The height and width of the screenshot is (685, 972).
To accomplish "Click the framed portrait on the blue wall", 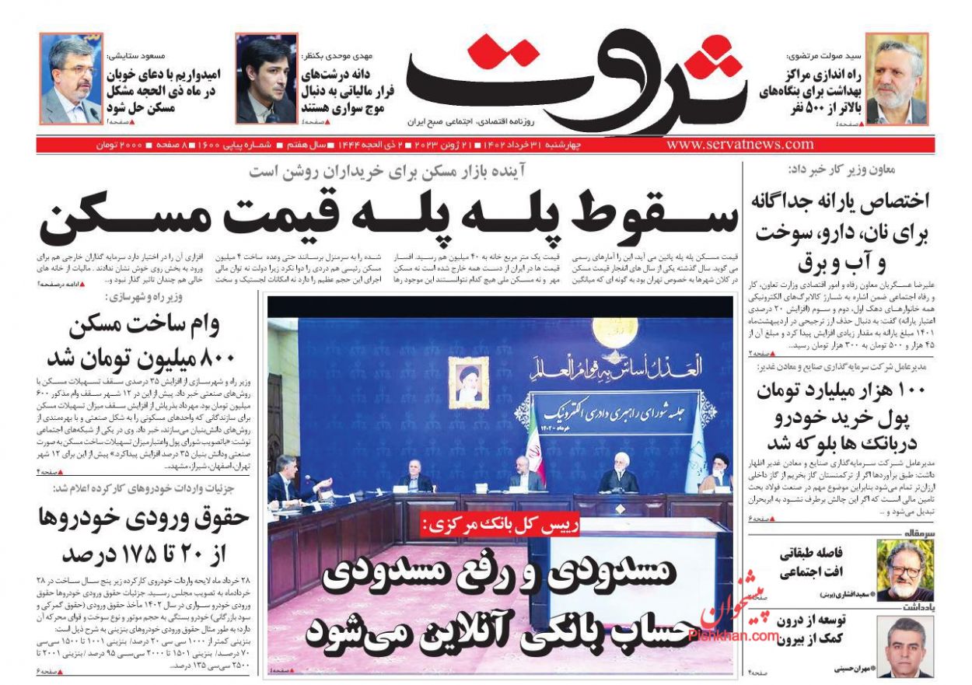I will click(x=468, y=383).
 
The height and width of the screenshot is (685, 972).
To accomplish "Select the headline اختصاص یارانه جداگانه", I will click(x=840, y=201).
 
